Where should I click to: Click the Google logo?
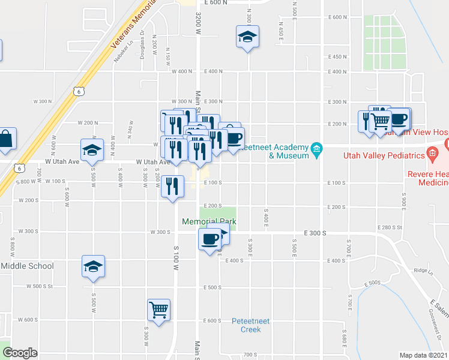(19, 353)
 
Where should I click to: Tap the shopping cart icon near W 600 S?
(159, 311)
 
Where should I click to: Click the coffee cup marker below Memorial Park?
(209, 239)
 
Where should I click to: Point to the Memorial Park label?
(209, 222)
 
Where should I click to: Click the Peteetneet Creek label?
(251, 325)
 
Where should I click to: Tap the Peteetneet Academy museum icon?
(317, 149)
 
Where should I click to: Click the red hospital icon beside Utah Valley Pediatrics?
(432, 155)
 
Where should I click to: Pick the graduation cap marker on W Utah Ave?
(93, 149)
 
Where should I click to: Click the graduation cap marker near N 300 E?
(247, 37)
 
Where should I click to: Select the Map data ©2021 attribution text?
(424, 355)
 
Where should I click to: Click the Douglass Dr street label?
(142, 46)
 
